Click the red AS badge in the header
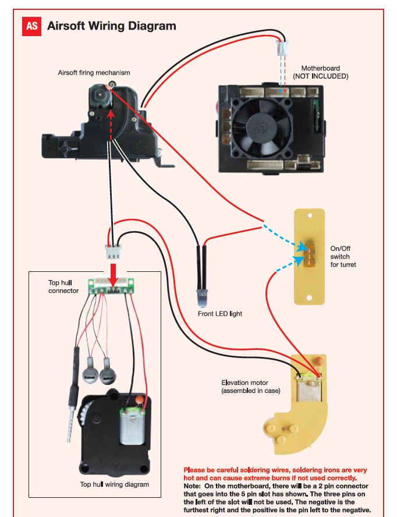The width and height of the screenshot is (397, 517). [x=31, y=26]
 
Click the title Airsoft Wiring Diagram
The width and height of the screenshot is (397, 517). [x=111, y=26]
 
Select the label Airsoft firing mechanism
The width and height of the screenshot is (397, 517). [x=94, y=73]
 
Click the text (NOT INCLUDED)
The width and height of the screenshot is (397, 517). [x=320, y=76]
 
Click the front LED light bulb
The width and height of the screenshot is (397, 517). [x=201, y=298]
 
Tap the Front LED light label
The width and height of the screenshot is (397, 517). [x=220, y=314]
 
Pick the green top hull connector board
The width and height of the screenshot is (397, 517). [x=112, y=287]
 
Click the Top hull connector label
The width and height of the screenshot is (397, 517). [x=63, y=286]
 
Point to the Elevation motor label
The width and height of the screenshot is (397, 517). [x=251, y=387]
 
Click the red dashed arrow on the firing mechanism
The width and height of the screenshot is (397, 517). [x=110, y=119]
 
